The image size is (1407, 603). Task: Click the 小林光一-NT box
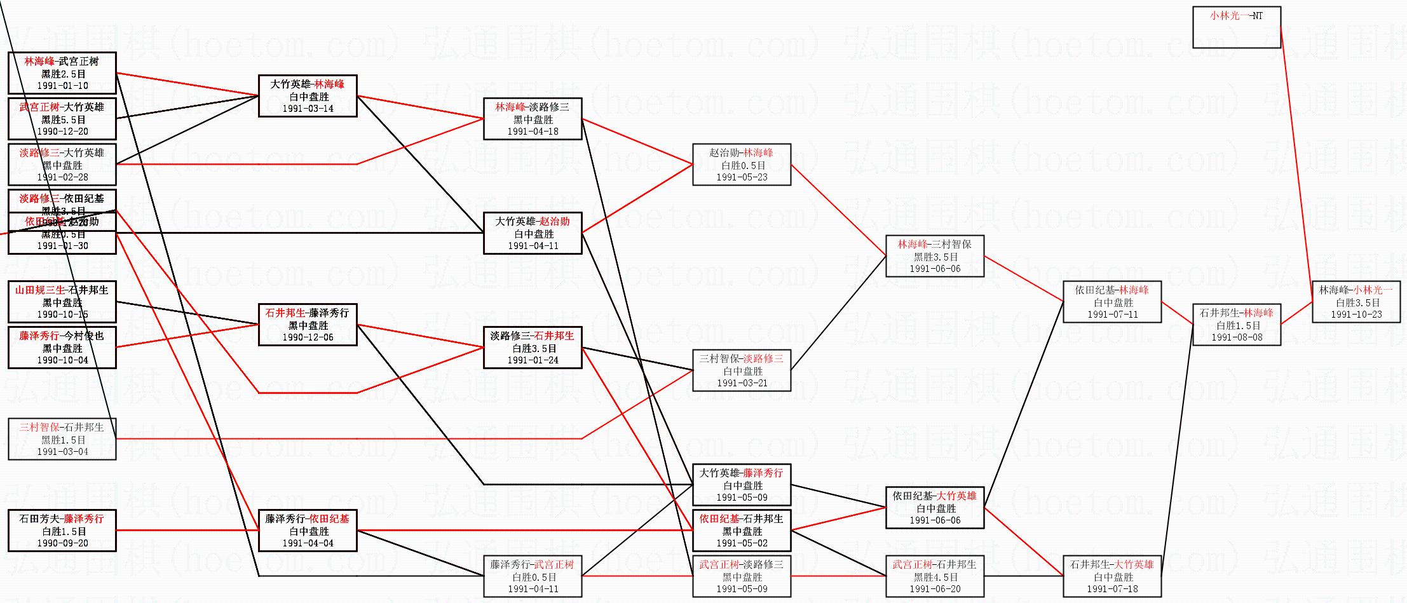pyautogui.click(x=1236, y=27)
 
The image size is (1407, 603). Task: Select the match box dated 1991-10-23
pyautogui.click(x=1356, y=302)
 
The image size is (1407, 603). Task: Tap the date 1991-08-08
pyautogui.click(x=1236, y=337)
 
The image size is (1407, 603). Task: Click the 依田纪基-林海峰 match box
pyautogui.click(x=1112, y=302)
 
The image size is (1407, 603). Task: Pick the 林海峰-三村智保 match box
pyautogui.click(x=934, y=256)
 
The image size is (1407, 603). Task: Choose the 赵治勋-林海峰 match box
pyautogui.click(x=741, y=165)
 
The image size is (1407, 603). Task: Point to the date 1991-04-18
pyautogui.click(x=533, y=132)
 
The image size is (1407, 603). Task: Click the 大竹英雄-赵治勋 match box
pyautogui.click(x=533, y=233)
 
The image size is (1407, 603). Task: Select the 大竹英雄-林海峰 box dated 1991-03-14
pyautogui.click(x=308, y=96)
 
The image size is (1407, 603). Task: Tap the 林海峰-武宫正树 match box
pyautogui.click(x=62, y=73)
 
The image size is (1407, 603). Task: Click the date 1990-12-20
pyautogui.click(x=62, y=132)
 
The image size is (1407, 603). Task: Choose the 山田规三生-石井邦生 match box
pyautogui.click(x=62, y=302)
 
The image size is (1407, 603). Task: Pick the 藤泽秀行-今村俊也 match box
pyautogui.click(x=62, y=348)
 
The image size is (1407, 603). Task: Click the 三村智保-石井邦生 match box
pyautogui.click(x=62, y=439)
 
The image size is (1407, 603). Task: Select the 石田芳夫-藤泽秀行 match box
pyautogui.click(x=62, y=531)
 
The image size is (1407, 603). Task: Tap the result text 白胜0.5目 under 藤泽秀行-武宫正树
pyautogui.click(x=533, y=577)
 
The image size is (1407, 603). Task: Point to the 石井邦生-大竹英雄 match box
pyautogui.click(x=1112, y=576)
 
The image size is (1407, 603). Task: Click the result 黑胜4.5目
pyautogui.click(x=934, y=577)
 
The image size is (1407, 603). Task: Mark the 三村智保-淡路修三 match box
pyautogui.click(x=741, y=370)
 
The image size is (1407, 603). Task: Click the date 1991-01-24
pyautogui.click(x=533, y=360)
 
